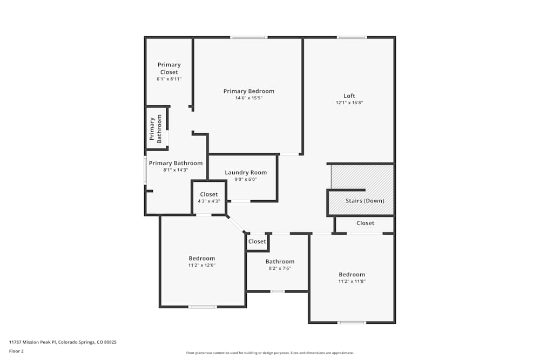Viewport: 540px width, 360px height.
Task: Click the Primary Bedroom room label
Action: pos(248,91)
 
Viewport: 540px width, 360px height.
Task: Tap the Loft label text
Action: pos(349,96)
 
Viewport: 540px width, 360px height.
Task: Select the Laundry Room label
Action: pos(246,173)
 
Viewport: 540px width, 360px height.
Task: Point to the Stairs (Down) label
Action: pos(365,201)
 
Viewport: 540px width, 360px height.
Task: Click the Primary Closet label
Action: pos(169,68)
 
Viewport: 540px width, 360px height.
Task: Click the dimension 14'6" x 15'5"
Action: pos(248,98)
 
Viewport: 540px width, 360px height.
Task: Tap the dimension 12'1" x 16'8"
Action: pos(349,103)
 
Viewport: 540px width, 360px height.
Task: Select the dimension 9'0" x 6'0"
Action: pos(246,179)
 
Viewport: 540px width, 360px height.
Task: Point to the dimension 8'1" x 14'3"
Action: pos(175,170)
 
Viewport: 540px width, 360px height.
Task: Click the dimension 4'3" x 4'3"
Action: pos(209,201)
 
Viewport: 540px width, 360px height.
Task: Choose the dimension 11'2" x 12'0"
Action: pos(201,265)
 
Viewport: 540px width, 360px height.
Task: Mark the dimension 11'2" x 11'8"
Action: pos(352,281)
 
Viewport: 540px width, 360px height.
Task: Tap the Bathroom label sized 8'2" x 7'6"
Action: pos(280,262)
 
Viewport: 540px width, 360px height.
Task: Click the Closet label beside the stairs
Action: pos(365,223)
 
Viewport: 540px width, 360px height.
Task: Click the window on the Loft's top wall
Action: pos(352,37)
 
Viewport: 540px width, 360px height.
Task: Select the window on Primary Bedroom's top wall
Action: pos(248,37)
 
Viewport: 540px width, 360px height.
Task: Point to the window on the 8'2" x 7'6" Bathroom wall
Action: pos(278,291)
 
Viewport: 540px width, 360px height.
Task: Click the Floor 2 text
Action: pos(16,351)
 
